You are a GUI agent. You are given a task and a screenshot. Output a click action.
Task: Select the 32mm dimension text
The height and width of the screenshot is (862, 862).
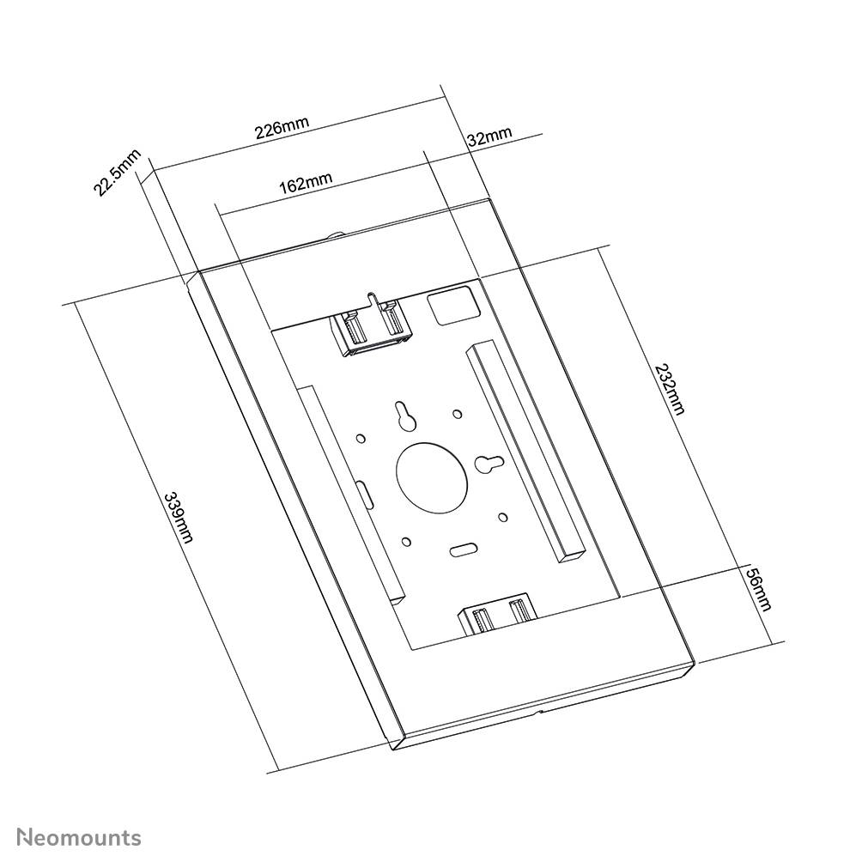click(489, 137)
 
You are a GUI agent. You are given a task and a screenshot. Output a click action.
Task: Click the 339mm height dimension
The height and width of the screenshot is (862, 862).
click(179, 517)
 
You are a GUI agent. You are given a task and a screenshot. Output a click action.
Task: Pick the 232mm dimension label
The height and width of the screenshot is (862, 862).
click(670, 389)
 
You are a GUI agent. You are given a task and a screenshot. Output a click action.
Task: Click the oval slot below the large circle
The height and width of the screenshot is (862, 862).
click(464, 549)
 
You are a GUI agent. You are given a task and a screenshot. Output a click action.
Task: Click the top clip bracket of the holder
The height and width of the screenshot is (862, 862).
click(372, 327)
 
